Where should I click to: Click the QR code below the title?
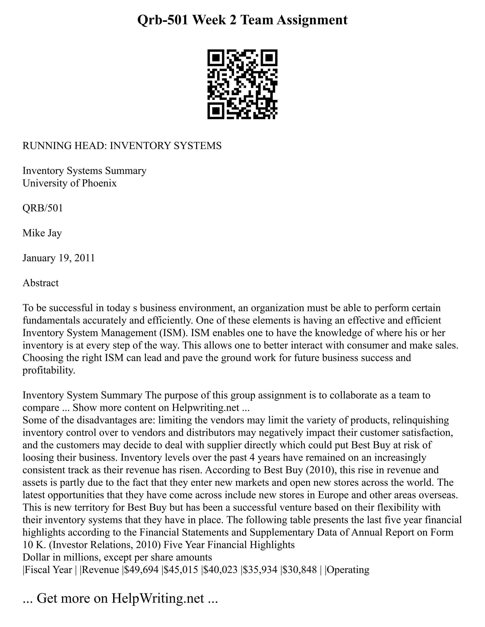(242, 84)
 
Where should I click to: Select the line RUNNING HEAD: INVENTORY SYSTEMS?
(122, 146)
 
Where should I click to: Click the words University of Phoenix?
(70, 183)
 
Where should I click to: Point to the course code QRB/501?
(43, 208)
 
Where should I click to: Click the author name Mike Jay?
(42, 233)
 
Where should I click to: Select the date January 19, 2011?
(59, 258)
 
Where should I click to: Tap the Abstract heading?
(40, 283)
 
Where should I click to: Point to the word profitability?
(49, 370)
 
